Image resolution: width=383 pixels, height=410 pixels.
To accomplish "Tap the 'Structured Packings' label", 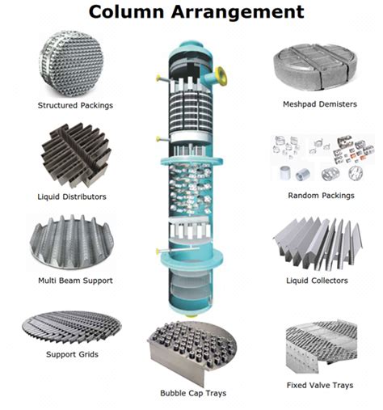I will pyautogui.click(x=75, y=105).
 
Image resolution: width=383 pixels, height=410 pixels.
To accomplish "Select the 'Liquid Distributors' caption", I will pyautogui.click(x=72, y=196).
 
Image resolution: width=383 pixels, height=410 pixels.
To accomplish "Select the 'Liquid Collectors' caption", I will pyautogui.click(x=318, y=280).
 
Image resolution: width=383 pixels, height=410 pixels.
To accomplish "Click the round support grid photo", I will pyautogui.click(x=71, y=325).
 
